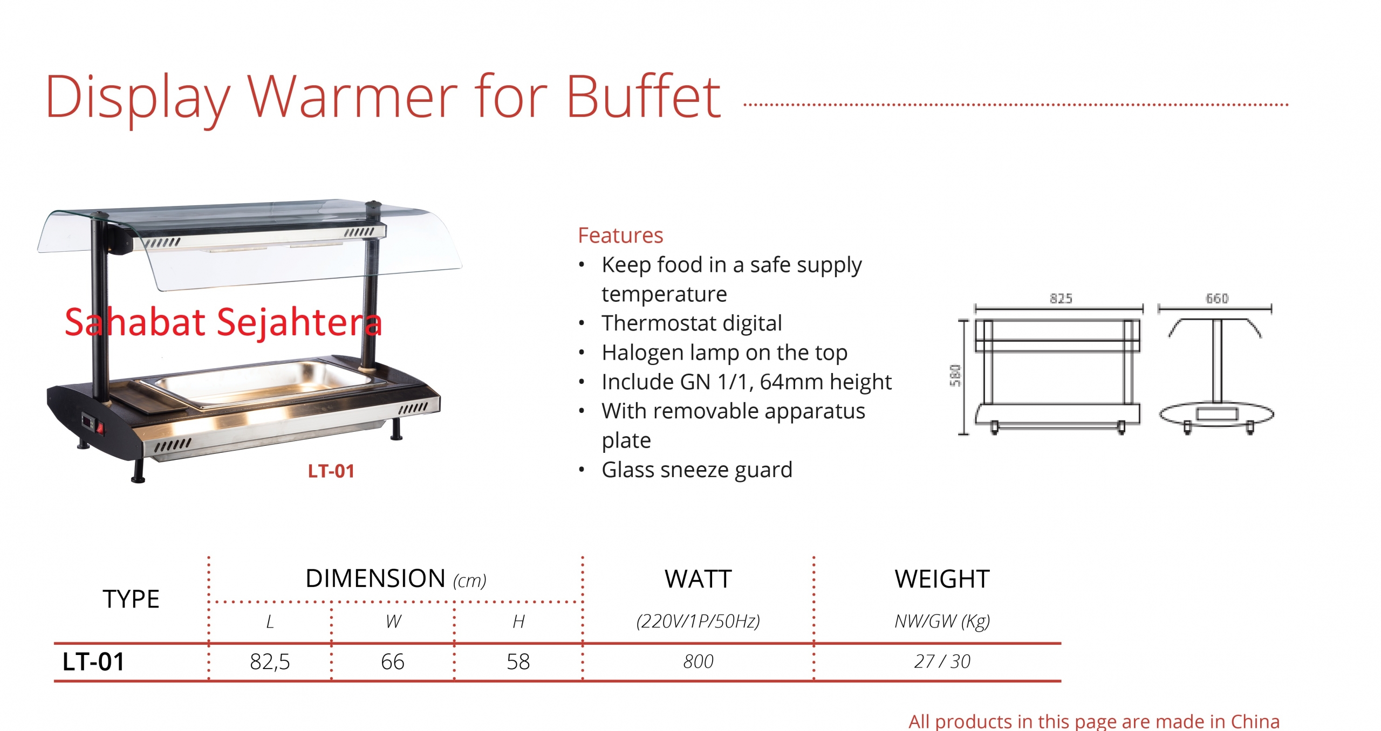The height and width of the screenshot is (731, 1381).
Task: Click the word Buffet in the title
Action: pyautogui.click(x=643, y=96)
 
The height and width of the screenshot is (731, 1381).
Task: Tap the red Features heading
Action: pyautogui.click(x=620, y=235)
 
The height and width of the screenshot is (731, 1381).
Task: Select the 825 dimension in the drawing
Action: pyautogui.click(x=1061, y=298)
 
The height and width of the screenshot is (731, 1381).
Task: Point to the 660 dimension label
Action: pyautogui.click(x=1217, y=298)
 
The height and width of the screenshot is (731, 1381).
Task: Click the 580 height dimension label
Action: pyautogui.click(x=955, y=375)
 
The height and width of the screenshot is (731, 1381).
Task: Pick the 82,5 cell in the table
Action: pyautogui.click(x=270, y=662)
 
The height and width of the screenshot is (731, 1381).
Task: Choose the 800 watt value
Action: pyautogui.click(x=698, y=661)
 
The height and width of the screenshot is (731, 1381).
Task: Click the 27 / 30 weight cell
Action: pyautogui.click(x=942, y=661)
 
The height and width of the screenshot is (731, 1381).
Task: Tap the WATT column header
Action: pyautogui.click(x=698, y=580)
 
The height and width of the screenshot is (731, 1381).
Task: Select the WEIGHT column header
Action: pyautogui.click(x=942, y=580)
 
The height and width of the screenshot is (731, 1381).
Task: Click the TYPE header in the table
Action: pyautogui.click(x=131, y=599)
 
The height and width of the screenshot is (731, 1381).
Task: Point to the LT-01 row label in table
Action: pyautogui.click(x=93, y=662)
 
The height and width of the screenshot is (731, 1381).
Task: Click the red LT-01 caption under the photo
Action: pyautogui.click(x=331, y=471)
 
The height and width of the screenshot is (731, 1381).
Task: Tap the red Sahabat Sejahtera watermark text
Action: pyautogui.click(x=223, y=322)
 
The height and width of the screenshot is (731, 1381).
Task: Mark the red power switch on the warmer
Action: pyautogui.click(x=100, y=428)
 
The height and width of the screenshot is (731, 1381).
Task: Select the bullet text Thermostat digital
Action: pyautogui.click(x=692, y=323)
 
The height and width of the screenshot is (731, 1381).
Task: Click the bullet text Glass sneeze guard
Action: pyautogui.click(x=697, y=470)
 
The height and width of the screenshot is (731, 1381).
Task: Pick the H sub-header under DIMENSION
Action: pyautogui.click(x=518, y=622)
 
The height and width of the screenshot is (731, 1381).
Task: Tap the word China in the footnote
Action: pyautogui.click(x=1255, y=721)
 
